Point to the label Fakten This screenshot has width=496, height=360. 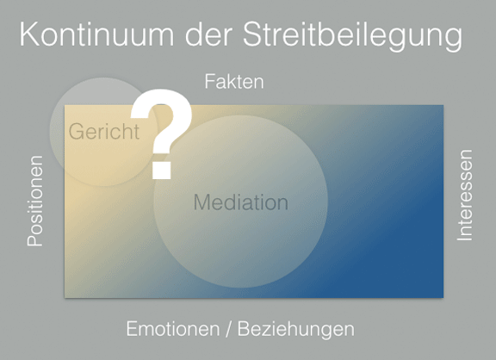coord(233,83)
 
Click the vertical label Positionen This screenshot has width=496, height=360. coord(35,201)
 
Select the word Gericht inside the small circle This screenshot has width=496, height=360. coord(104,133)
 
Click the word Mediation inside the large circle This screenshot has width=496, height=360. coord(240,203)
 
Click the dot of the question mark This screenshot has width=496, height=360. coord(160,171)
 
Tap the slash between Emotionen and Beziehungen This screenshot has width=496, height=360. coord(226,329)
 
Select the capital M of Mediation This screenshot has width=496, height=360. coord(201,203)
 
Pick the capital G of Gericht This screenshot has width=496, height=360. coord(77,133)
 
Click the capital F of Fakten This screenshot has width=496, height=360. coord(209,83)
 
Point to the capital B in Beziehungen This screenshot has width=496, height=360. coord(245,329)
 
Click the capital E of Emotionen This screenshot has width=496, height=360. coord(132,329)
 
